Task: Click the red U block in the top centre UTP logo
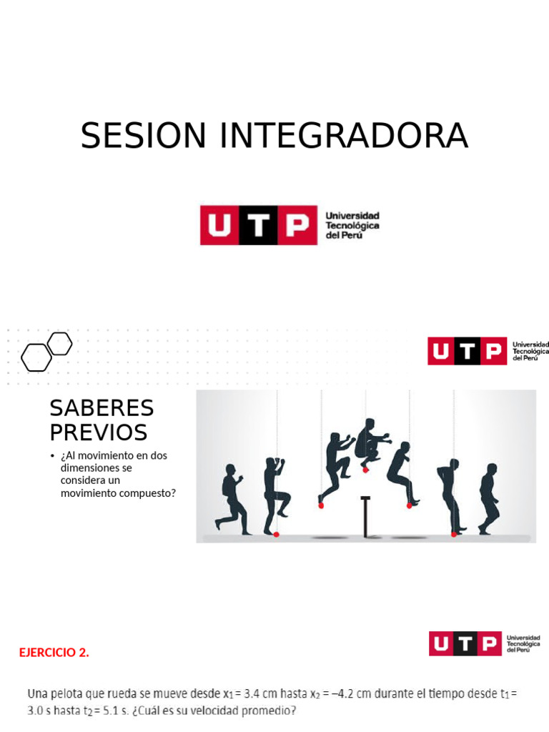(x=219, y=226)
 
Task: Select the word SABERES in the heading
(x=102, y=408)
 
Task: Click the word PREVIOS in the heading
(x=98, y=432)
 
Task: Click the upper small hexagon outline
(x=60, y=344)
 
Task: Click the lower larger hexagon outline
(x=36, y=357)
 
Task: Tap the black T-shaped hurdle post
(x=367, y=515)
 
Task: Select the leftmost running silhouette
(x=232, y=500)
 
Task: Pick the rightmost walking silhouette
(x=489, y=498)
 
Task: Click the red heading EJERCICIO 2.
(x=54, y=652)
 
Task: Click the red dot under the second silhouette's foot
(x=277, y=533)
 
